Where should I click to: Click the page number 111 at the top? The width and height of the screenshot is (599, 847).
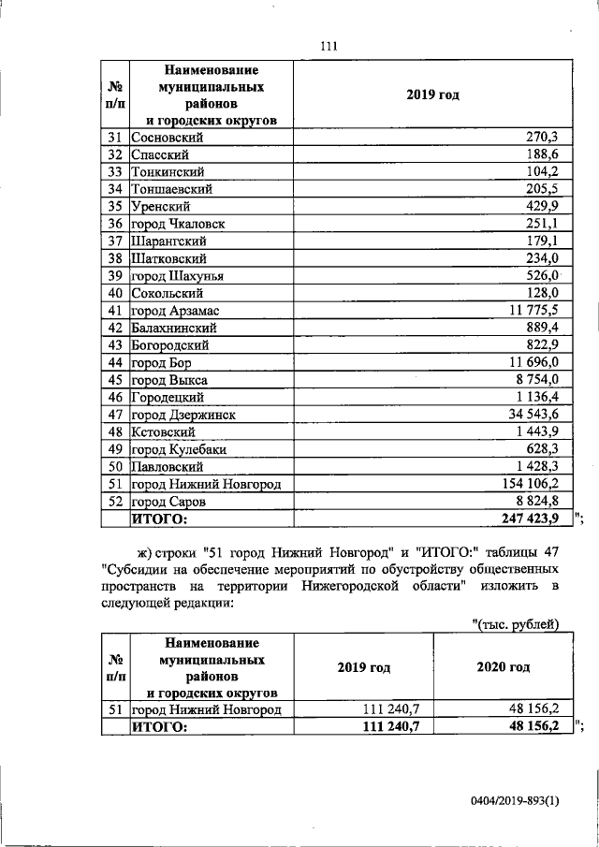pos(327,47)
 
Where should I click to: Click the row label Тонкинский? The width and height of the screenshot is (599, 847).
pos(167,172)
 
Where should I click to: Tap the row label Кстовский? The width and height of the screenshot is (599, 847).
pos(163,431)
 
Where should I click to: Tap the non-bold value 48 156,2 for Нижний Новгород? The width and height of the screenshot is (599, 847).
pos(530,709)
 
